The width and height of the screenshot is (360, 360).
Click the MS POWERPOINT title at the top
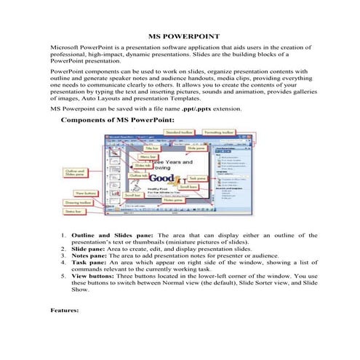point(180,34)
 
